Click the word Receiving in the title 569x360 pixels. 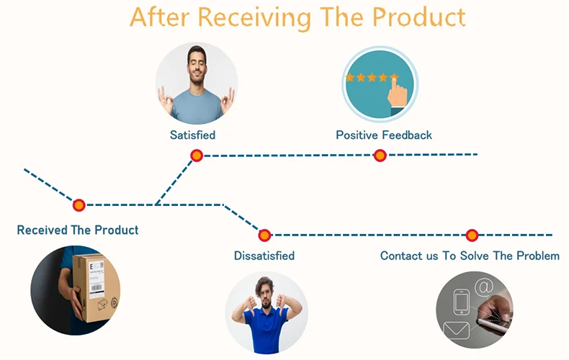pyautogui.click(x=254, y=17)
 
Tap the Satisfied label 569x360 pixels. pyautogui.click(x=193, y=135)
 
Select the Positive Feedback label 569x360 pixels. pyautogui.click(x=384, y=135)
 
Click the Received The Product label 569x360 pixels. pyautogui.click(x=78, y=230)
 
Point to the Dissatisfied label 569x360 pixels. pyautogui.click(x=264, y=256)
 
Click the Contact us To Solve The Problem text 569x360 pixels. pyautogui.click(x=470, y=256)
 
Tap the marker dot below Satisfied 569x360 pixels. pyautogui.click(x=197, y=156)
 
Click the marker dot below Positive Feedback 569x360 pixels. pyautogui.click(x=380, y=156)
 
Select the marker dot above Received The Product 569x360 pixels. pyautogui.click(x=79, y=205)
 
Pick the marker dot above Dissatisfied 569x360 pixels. pyautogui.click(x=264, y=235)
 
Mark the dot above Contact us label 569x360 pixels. pyautogui.click(x=472, y=235)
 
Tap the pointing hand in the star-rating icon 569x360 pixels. pyautogui.click(x=397, y=92)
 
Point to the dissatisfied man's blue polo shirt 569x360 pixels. pyautogui.click(x=266, y=329)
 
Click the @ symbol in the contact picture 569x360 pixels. pyautogui.click(x=484, y=287)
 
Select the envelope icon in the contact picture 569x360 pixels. pyautogui.click(x=456, y=330)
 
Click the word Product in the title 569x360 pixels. pyautogui.click(x=418, y=17)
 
